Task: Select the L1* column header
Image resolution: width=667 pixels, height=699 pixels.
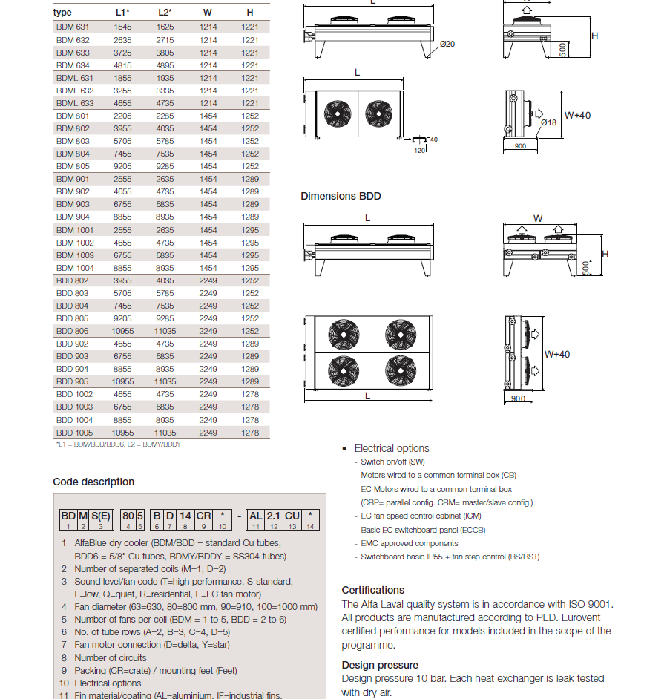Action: click(122, 13)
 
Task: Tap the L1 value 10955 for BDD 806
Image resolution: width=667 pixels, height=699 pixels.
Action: click(122, 331)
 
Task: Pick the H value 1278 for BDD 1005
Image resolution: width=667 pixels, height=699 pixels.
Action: click(250, 433)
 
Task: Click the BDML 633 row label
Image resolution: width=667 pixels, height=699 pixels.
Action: click(76, 103)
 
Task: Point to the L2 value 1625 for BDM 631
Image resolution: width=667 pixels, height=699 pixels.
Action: click(165, 27)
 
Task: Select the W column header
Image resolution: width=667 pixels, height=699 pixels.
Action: click(208, 13)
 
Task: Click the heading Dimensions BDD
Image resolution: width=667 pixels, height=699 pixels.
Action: click(341, 196)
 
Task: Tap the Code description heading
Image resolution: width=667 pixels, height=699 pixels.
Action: click(93, 482)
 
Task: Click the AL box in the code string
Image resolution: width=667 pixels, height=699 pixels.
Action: click(255, 516)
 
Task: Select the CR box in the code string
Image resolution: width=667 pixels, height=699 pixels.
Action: click(204, 516)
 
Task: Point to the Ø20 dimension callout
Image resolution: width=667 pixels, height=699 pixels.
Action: click(447, 44)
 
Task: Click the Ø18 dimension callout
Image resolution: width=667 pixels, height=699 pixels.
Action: click(548, 122)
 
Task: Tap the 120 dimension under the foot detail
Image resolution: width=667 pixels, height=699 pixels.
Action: click(419, 150)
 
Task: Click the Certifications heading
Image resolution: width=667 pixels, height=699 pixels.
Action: click(373, 590)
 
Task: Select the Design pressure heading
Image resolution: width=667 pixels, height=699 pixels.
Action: click(380, 665)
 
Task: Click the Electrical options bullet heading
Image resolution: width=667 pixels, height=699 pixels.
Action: click(391, 448)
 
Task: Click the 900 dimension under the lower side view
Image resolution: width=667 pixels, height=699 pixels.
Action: click(518, 398)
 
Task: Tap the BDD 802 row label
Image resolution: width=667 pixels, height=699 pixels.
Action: click(73, 280)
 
